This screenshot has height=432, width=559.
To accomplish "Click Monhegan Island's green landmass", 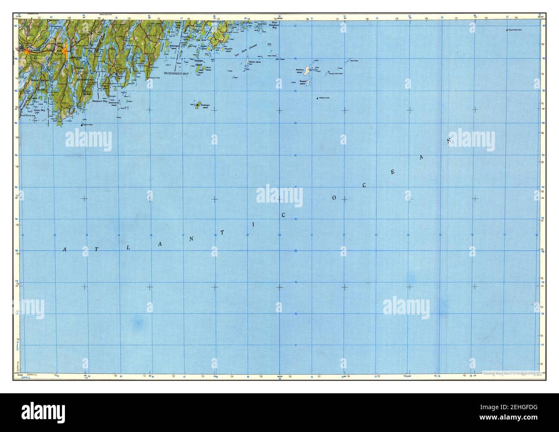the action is tap(198, 105).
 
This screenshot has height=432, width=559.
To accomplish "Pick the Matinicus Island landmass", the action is tap(308, 69).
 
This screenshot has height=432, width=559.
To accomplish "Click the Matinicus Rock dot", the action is tap(317, 99).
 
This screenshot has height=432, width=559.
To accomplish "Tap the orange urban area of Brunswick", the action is tap(28, 51).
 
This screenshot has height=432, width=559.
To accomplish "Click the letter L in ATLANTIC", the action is tap(128, 248).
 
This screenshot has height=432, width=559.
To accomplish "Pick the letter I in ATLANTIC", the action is tap(254, 224).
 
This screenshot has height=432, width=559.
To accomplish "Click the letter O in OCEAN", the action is tap(333, 198).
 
